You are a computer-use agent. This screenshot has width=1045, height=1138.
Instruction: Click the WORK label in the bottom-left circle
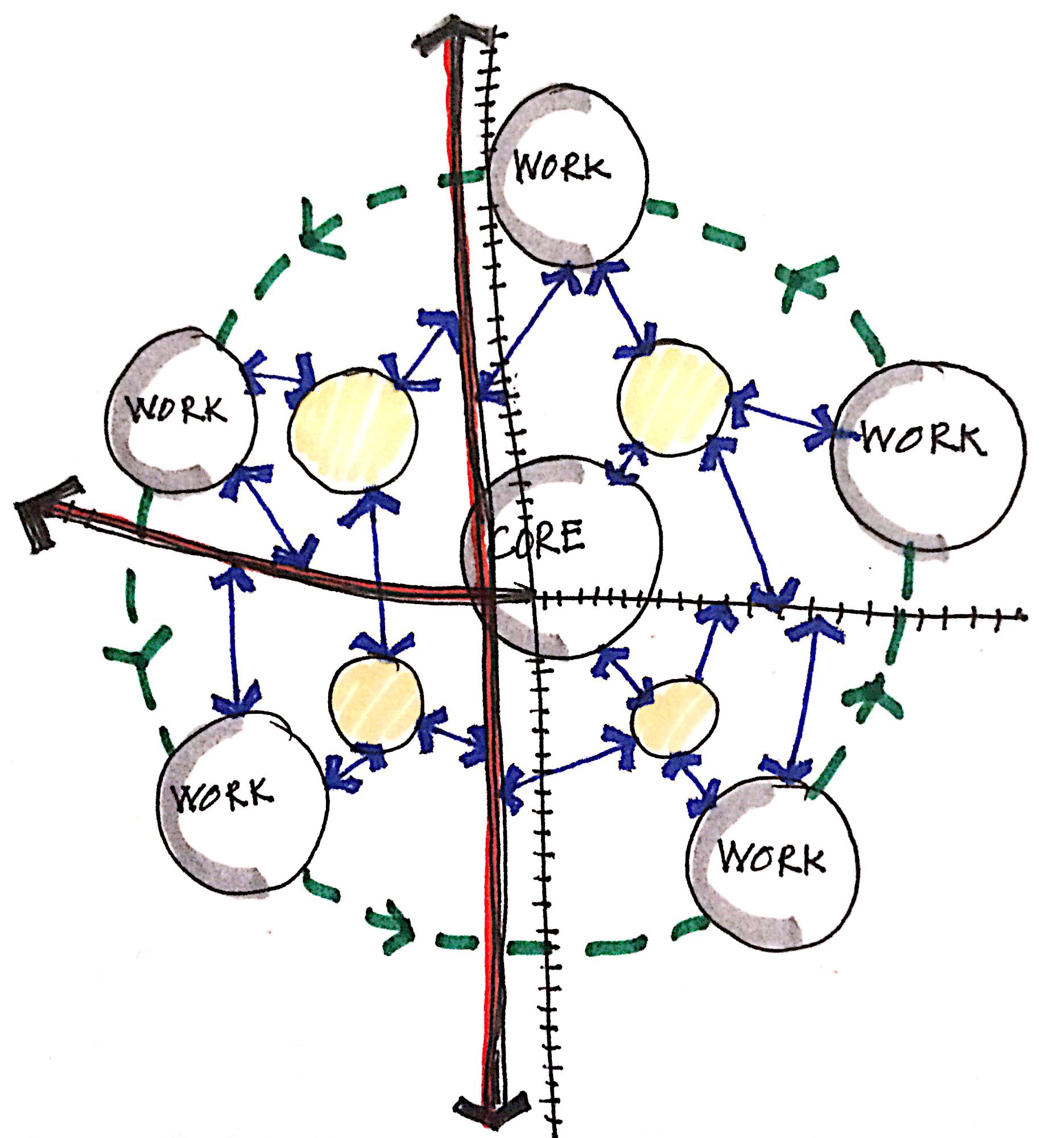(x=224, y=794)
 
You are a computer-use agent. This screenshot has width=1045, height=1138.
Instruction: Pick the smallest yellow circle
(x=675, y=717)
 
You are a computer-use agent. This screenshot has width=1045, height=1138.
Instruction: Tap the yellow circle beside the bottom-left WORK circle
(x=377, y=701)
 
